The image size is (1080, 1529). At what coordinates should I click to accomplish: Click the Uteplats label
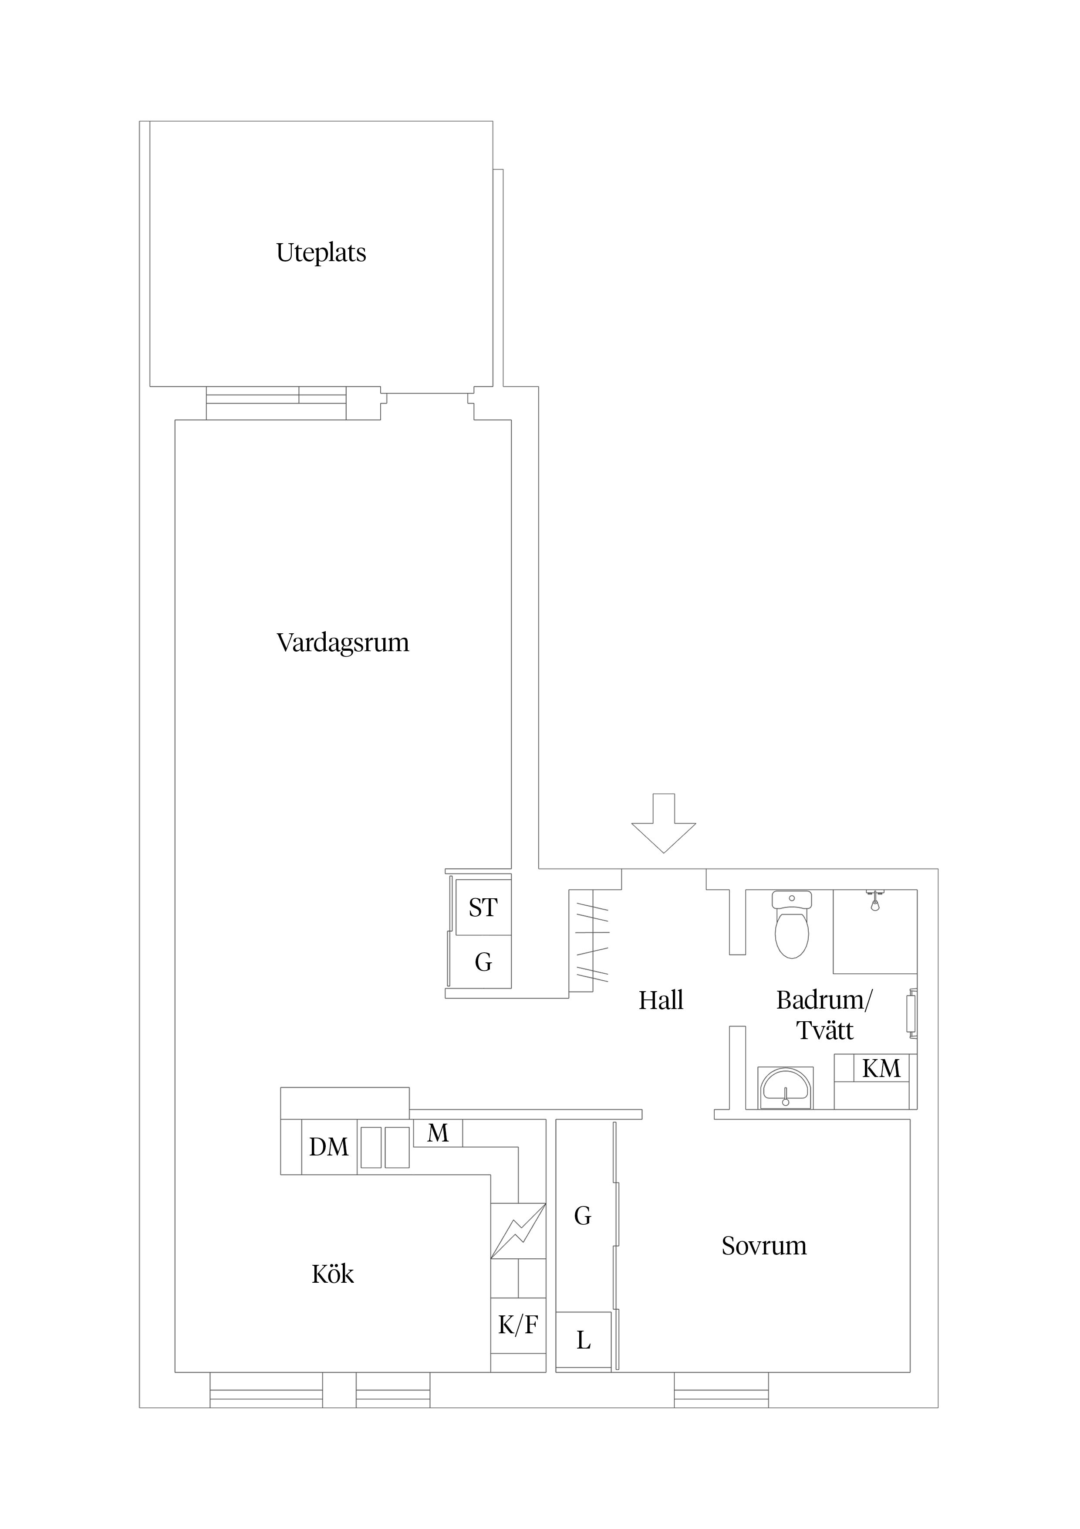pos(321,253)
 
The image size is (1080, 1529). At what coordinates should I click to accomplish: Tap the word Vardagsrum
pos(343,642)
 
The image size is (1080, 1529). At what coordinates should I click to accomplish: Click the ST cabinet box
pos(483,907)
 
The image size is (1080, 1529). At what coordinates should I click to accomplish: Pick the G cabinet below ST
pos(483,962)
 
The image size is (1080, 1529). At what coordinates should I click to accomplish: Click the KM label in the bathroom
pos(881,1069)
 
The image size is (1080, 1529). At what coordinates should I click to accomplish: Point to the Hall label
pos(661,1000)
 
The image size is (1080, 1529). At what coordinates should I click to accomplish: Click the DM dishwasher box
pos(329,1147)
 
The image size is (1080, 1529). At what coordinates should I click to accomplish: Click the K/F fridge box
pos(518,1325)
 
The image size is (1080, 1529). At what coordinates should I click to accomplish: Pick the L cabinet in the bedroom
pos(584,1340)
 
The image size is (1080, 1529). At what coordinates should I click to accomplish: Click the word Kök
pos(333,1274)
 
